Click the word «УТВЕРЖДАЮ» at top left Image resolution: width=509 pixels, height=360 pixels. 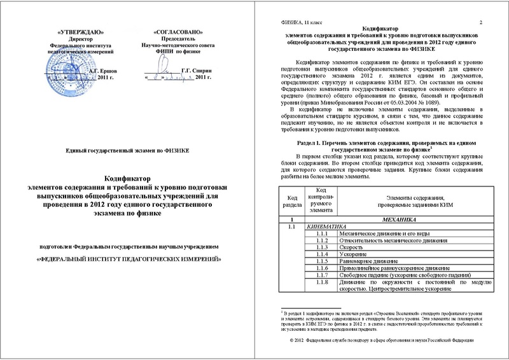(x=78, y=31)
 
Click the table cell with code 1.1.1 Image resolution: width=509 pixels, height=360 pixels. (x=321, y=234)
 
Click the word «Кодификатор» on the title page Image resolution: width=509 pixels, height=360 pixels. (x=130, y=181)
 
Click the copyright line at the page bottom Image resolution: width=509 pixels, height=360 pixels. (x=384, y=341)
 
